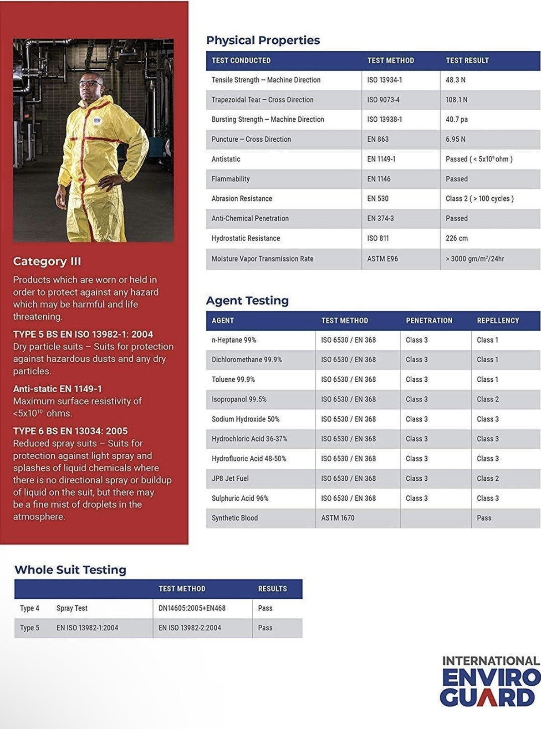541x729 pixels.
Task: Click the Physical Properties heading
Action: click(x=263, y=40)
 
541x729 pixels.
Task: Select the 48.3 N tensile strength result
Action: click(x=455, y=80)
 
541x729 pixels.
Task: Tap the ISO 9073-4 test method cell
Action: click(x=383, y=100)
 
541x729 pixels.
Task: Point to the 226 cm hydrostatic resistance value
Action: click(x=457, y=238)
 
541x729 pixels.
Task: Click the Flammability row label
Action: click(x=230, y=179)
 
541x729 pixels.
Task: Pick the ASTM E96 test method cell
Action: click(x=383, y=259)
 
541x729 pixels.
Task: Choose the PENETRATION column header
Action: click(x=429, y=321)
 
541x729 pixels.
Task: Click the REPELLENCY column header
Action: click(x=498, y=321)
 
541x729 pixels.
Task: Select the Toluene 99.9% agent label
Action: click(x=233, y=380)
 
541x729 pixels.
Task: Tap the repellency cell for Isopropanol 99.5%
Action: click(x=488, y=400)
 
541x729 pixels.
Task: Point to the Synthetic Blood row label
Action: click(x=235, y=518)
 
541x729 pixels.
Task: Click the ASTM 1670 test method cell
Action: click(x=337, y=518)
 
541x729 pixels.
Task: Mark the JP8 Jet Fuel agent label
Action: click(x=230, y=478)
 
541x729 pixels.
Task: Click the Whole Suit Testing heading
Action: click(x=70, y=570)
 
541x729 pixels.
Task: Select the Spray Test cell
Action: click(x=72, y=608)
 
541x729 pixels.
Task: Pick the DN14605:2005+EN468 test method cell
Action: click(x=192, y=608)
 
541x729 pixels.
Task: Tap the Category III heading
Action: click(x=47, y=262)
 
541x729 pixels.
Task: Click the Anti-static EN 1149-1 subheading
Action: click(x=57, y=389)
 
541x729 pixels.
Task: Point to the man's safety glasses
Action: click(x=91, y=82)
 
